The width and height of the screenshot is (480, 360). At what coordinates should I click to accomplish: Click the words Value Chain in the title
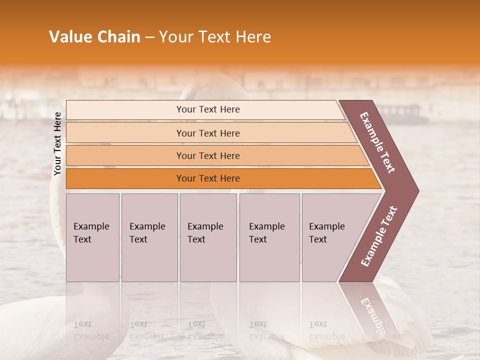pyautogui.click(x=94, y=37)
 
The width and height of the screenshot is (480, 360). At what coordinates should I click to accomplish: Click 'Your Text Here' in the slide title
pyautogui.click(x=215, y=37)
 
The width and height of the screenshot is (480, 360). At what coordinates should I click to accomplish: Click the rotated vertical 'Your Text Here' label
pyautogui.click(x=57, y=144)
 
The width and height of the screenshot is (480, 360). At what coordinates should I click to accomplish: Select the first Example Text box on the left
pyautogui.click(x=92, y=237)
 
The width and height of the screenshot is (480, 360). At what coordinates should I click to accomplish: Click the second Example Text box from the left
pyautogui.click(x=149, y=237)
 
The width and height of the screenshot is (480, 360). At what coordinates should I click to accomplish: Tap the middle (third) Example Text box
pyautogui.click(x=208, y=237)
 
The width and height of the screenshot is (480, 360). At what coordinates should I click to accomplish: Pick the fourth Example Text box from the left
pyautogui.click(x=269, y=237)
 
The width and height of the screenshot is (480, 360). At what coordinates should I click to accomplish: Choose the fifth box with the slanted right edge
pyautogui.click(x=330, y=237)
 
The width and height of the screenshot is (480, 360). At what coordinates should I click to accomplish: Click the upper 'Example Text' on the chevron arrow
pyautogui.click(x=377, y=142)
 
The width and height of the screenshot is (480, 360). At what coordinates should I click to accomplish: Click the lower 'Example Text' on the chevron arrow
pyautogui.click(x=379, y=236)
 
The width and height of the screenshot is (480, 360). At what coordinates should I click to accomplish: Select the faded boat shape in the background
pyautogui.click(x=402, y=114)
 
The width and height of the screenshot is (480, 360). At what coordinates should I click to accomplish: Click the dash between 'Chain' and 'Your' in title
pyautogui.click(x=149, y=37)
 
